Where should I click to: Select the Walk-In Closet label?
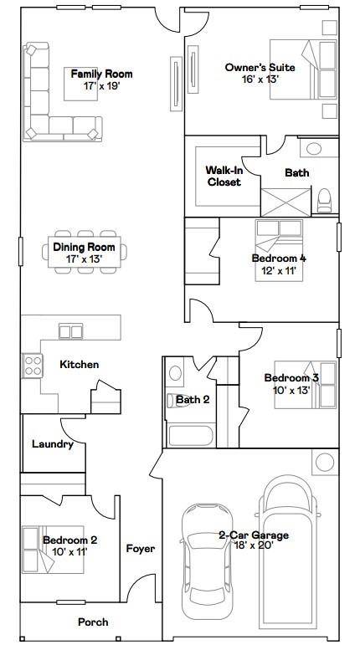coord(224,176)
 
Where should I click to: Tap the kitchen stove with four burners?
coord(33,366)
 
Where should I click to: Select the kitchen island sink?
coord(70,331)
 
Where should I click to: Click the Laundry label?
coord(52,444)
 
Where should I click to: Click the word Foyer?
coord(140,549)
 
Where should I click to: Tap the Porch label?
coord(93,622)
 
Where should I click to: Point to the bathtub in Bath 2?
coord(190,436)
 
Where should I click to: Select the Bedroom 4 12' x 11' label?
coord(279,264)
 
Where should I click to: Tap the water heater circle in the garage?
coord(324,462)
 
